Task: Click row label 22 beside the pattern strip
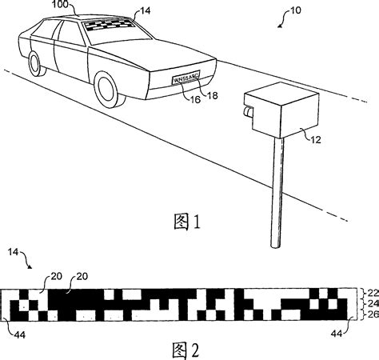(372, 294)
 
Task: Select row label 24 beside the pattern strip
(372, 305)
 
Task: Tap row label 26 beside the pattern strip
(372, 315)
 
